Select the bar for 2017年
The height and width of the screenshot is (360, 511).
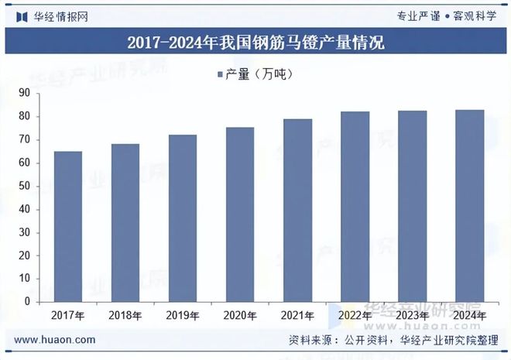tap(68, 226)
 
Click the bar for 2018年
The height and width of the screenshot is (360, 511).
tap(125, 223)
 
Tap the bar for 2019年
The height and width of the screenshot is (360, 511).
tap(183, 218)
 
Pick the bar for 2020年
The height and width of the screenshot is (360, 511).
tap(240, 214)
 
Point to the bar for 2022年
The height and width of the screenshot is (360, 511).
tap(355, 207)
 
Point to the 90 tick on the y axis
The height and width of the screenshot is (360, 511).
tap(24, 93)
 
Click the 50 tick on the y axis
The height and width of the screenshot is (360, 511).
tap(24, 186)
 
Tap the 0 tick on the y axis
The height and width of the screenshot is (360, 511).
tap(27, 301)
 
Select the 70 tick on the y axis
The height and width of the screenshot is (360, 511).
tap(24, 139)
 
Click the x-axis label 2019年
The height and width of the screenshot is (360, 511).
tap(183, 316)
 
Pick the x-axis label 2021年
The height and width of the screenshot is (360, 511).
tap(298, 316)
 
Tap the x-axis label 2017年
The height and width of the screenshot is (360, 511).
tap(68, 316)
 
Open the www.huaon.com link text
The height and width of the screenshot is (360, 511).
tap(55, 340)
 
